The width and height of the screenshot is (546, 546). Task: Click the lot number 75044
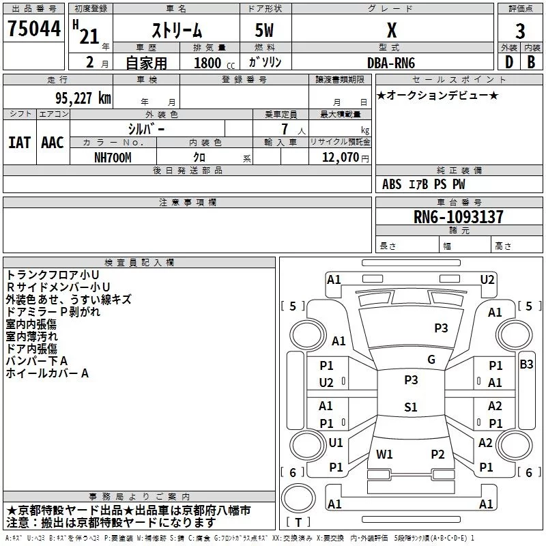point(34,29)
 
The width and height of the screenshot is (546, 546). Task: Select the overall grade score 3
point(520,31)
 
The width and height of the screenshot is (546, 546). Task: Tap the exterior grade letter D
point(508,62)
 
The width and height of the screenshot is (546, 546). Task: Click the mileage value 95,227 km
point(83,98)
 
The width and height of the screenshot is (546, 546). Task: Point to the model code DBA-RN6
point(391,63)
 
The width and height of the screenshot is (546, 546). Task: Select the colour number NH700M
point(113,158)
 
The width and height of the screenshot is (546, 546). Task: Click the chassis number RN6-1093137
point(458,217)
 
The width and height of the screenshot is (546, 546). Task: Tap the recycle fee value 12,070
point(341,158)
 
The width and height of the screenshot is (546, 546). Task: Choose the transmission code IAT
point(19,143)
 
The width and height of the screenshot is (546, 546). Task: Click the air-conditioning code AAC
point(53,143)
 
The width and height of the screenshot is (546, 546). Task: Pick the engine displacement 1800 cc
point(214,63)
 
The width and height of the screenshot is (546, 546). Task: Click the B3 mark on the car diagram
point(526,364)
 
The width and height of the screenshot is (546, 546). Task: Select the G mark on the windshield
point(431,360)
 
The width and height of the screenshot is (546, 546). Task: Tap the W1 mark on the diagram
point(384,454)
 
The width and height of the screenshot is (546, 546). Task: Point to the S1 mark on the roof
point(411,407)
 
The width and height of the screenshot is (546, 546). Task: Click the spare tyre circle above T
point(298,498)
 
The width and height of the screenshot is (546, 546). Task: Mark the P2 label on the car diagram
point(437,454)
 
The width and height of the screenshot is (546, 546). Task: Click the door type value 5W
point(264,30)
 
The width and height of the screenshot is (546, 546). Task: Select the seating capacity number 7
point(285,129)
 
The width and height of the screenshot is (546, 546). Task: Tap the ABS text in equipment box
point(392,184)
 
